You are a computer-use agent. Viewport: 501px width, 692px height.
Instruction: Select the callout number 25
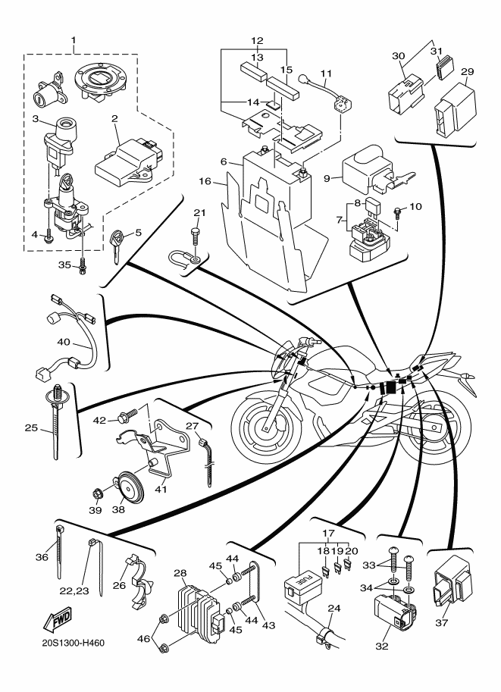pyautogui.click(x=31, y=428)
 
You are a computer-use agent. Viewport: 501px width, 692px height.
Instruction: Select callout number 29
pyautogui.click(x=468, y=72)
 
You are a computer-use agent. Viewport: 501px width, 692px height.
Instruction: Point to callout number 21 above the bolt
pyautogui.click(x=199, y=211)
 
